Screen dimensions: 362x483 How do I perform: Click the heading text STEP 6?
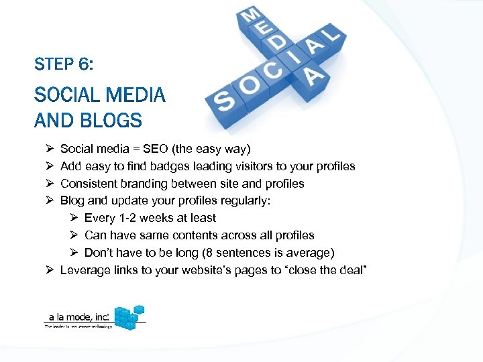click(64, 65)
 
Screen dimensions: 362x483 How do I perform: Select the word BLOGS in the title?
click(110, 121)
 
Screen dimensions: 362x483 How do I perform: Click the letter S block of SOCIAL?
click(225, 103)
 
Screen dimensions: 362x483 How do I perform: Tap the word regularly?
click(246, 200)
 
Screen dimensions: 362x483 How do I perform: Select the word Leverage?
click(85, 270)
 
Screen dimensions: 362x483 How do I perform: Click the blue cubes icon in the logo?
click(129, 317)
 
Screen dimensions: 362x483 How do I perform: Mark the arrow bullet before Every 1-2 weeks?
click(74, 218)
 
